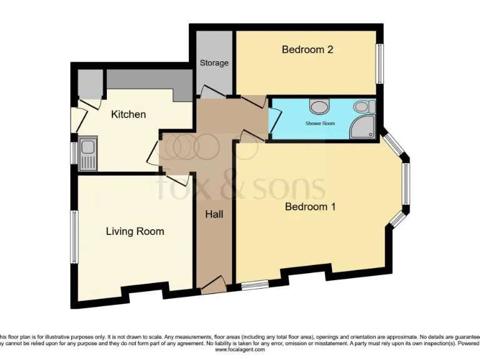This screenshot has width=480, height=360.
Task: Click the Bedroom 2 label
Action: [306, 50]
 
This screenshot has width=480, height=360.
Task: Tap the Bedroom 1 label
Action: [310, 207]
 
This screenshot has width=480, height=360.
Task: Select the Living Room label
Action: [135, 231]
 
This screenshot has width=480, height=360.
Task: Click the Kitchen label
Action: [128, 114]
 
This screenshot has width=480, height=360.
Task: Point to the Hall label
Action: [214, 214]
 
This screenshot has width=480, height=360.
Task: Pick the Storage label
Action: [214, 63]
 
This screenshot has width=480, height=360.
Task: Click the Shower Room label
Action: [320, 124]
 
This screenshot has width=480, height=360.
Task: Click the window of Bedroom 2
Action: [379, 64]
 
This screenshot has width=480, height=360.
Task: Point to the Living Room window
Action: [74, 236]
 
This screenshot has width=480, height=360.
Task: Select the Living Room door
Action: [177, 181]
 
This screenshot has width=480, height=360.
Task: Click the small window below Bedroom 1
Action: [254, 286]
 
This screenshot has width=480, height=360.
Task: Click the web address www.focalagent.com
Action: [240, 350]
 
